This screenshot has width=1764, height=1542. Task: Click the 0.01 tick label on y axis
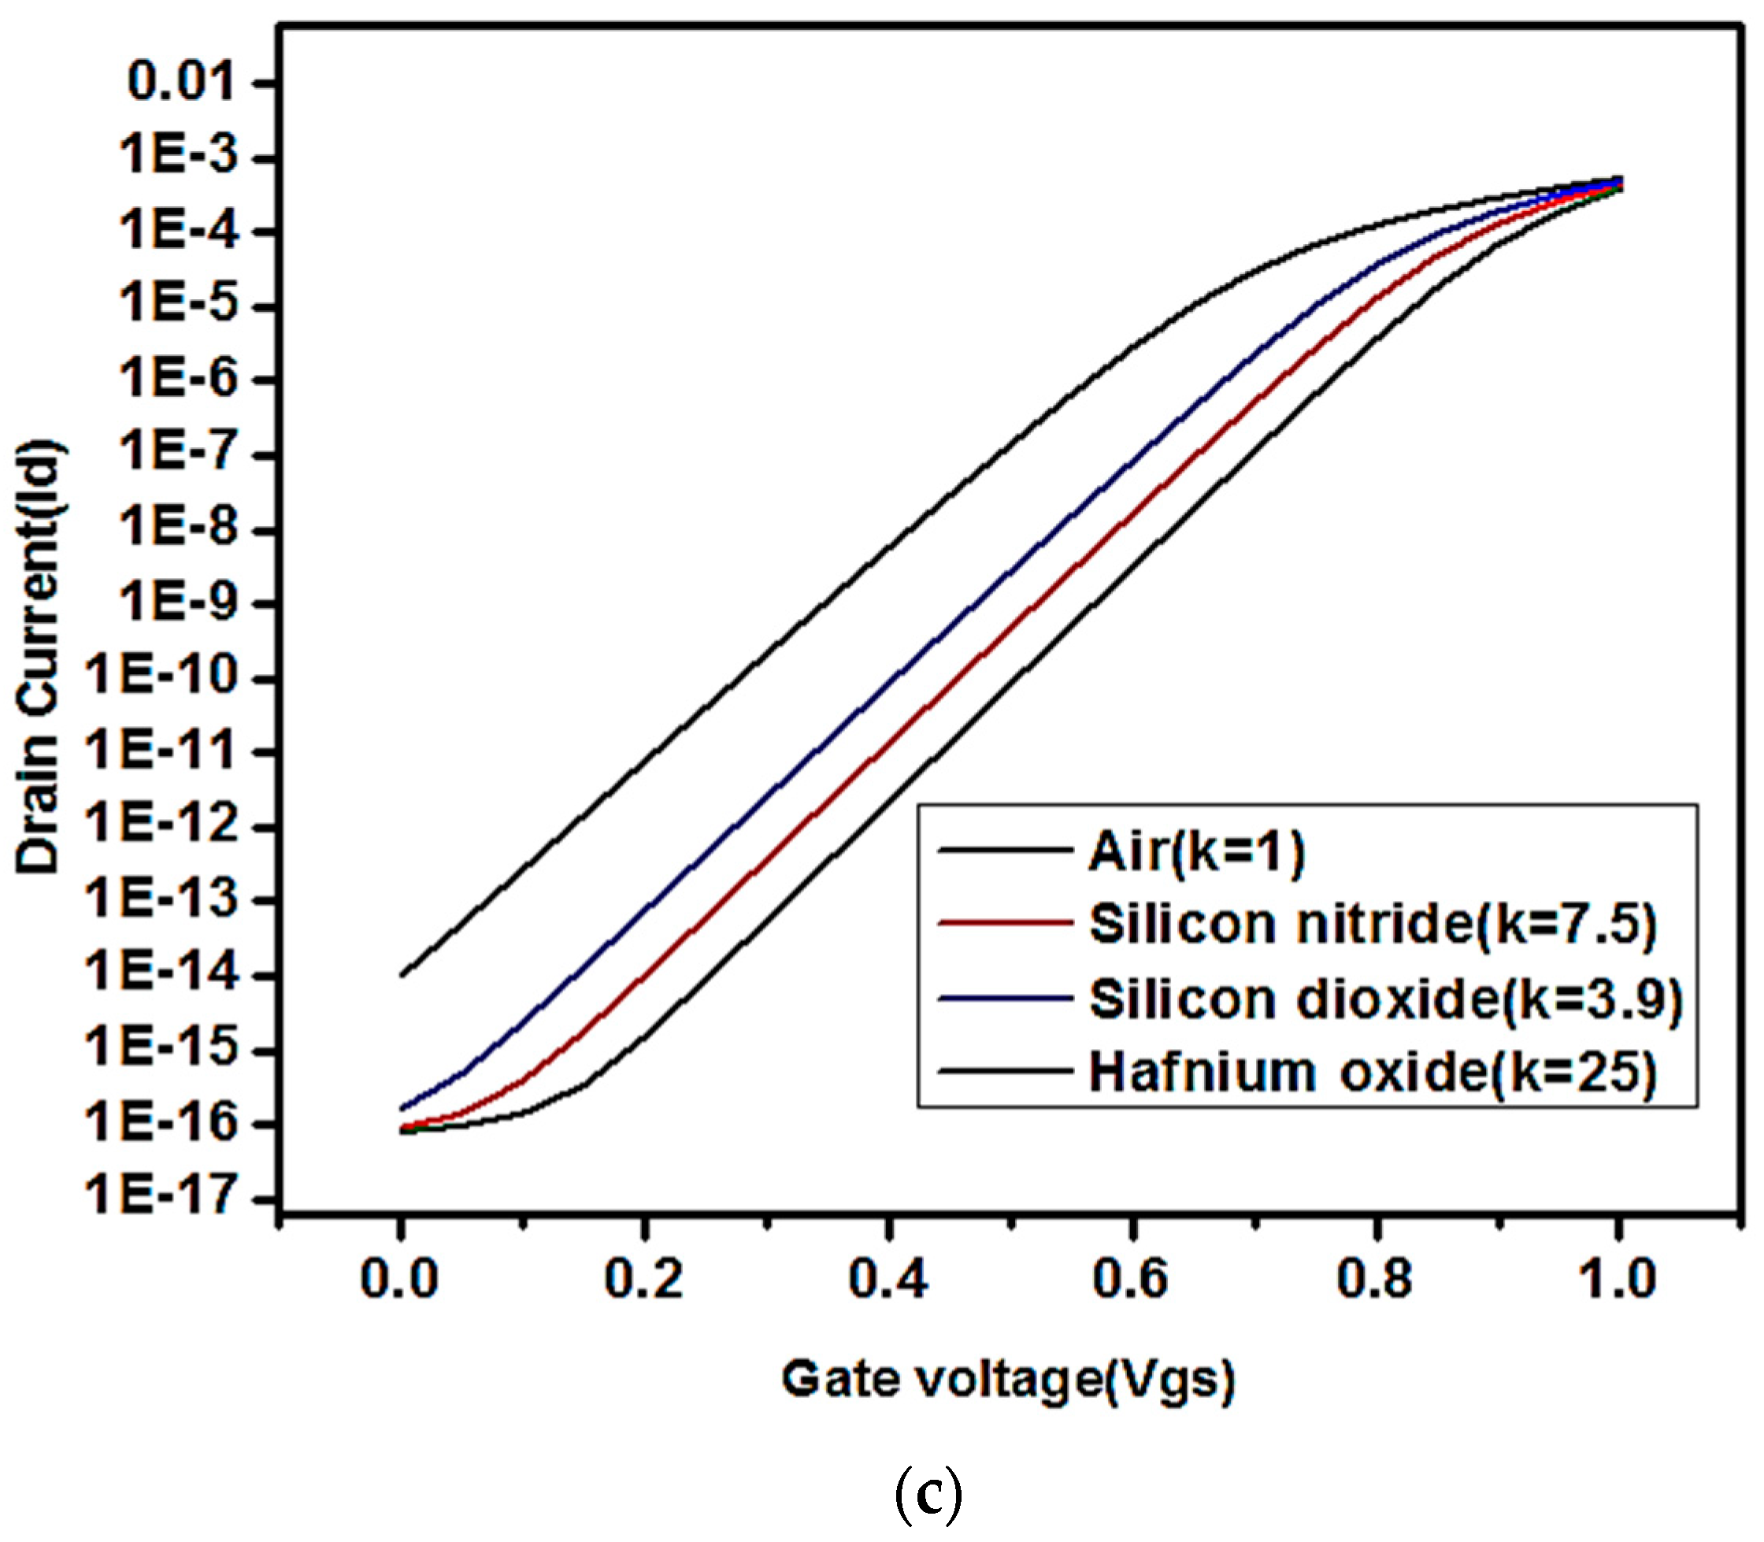pos(180,83)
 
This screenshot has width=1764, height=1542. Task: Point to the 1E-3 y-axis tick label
pos(178,157)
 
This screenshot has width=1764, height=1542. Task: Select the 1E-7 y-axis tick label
pos(178,453)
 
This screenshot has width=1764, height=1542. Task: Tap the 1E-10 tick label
pos(160,676)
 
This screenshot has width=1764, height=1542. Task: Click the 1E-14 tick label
pos(160,974)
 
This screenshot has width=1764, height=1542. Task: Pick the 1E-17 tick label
pos(160,1196)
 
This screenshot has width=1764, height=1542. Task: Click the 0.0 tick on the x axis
pos(399,1280)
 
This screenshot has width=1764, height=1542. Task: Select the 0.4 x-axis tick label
pos(888,1280)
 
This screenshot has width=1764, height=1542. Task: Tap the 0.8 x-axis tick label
pos(1375,1280)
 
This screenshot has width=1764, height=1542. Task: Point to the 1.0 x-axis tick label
pos(1618,1280)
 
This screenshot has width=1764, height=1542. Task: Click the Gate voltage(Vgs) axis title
pos(1008,1381)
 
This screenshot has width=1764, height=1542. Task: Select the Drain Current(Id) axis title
pos(39,658)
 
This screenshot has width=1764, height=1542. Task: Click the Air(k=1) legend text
pos(1197,852)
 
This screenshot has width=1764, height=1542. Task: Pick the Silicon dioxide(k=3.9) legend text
pos(1385,1000)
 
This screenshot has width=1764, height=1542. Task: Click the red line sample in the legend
pos(1005,923)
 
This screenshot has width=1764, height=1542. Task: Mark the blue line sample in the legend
pos(1005,998)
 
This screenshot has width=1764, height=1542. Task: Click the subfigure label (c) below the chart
pos(928,1497)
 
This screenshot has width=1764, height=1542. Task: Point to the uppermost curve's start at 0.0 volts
pos(401,975)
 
